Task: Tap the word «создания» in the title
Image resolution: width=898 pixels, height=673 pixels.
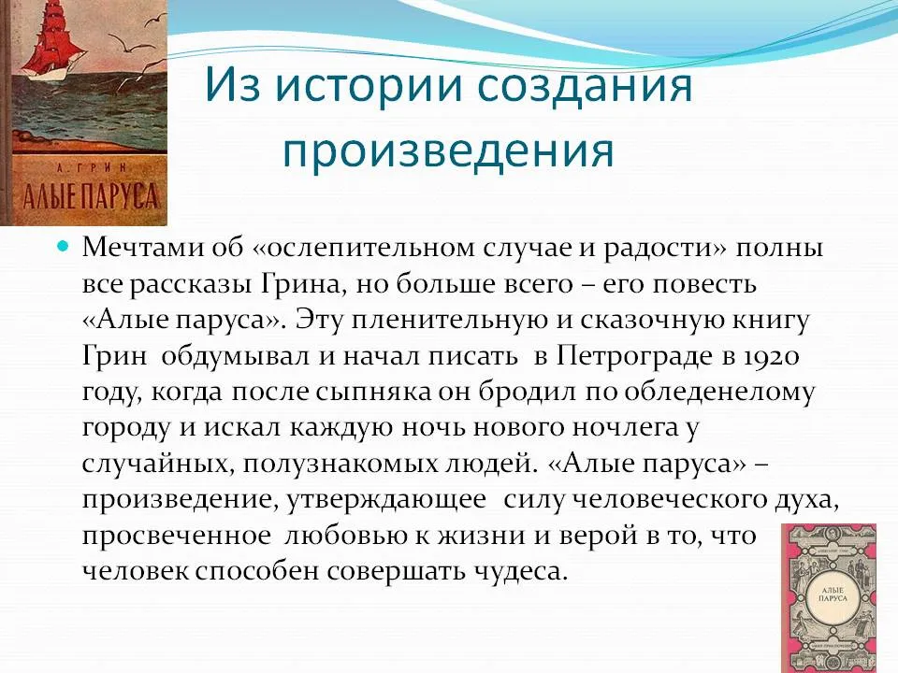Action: (x=585, y=86)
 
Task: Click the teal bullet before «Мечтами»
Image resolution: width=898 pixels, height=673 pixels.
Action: (x=65, y=247)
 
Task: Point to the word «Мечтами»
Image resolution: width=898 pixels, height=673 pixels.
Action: (x=143, y=248)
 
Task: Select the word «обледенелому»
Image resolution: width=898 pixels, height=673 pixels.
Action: (x=718, y=393)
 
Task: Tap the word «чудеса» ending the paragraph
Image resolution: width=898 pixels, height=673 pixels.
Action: (x=521, y=570)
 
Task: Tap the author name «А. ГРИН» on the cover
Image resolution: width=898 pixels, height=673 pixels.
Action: (x=91, y=167)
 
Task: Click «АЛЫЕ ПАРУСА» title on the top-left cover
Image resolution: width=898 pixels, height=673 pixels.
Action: (x=90, y=195)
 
